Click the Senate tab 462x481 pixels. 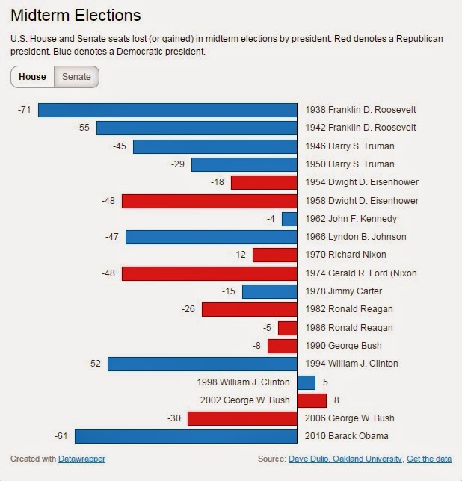[76, 77]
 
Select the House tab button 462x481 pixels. [33, 77]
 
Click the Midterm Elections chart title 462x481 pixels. [76, 15]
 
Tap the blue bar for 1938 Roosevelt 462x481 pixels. [167, 110]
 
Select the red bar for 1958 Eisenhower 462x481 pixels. [209, 201]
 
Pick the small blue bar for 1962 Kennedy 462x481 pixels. [289, 219]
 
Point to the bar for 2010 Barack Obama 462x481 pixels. [185, 436]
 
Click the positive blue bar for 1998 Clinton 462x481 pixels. [307, 382]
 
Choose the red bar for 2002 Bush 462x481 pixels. [312, 400]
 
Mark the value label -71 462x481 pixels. [25, 110]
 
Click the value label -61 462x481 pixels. [61, 436]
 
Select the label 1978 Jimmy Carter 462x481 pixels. [344, 291]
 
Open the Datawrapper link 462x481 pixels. [81, 459]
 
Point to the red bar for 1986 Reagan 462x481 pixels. [288, 328]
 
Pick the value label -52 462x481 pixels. [94, 364]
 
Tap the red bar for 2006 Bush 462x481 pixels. [242, 418]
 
